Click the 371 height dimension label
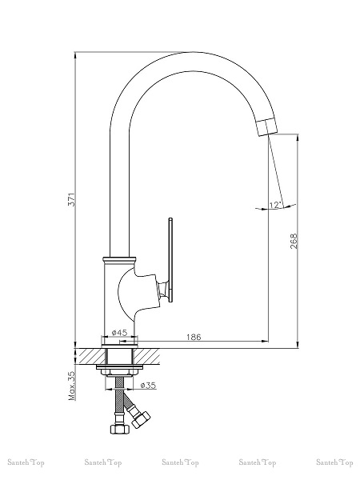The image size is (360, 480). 71,199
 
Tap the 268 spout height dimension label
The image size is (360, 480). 294,241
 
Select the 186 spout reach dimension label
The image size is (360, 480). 194,337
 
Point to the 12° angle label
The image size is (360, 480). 274,205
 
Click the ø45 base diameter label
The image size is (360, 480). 120,333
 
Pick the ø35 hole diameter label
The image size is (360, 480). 149,385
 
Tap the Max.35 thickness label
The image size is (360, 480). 72,386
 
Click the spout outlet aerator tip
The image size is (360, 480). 267,126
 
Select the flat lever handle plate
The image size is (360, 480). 171,260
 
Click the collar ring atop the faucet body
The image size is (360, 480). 119,259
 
